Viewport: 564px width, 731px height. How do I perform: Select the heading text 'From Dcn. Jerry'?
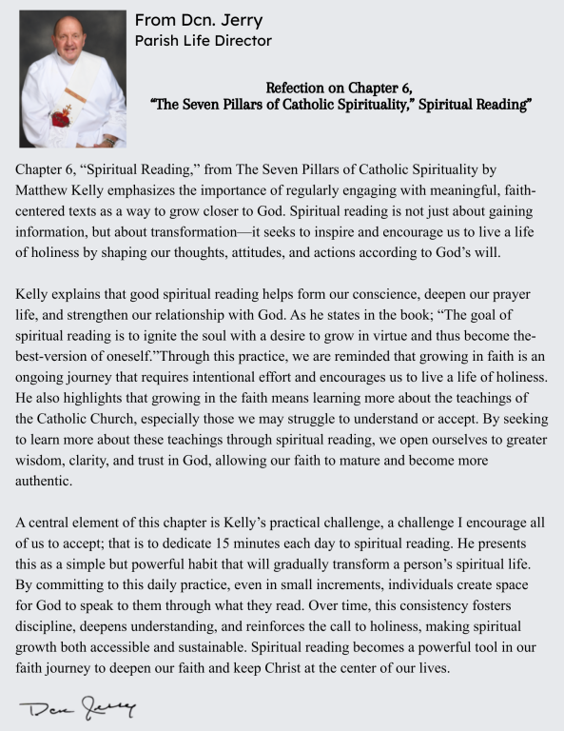click(x=199, y=21)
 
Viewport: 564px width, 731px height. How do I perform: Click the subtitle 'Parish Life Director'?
click(x=204, y=41)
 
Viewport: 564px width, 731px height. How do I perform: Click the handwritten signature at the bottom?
click(x=76, y=707)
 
